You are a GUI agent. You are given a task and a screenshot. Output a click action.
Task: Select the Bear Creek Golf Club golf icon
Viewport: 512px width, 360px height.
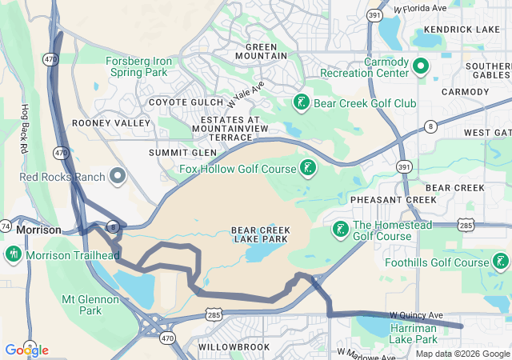[301, 102]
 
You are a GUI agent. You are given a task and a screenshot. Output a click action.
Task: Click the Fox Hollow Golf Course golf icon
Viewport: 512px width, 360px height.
[307, 168]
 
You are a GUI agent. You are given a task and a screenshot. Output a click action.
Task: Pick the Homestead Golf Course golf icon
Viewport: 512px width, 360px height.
[339, 230]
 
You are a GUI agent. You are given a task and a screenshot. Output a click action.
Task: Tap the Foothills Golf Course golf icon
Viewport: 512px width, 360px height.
[500, 262]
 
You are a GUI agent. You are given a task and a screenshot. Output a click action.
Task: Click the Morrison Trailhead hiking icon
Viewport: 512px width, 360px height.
[13, 254]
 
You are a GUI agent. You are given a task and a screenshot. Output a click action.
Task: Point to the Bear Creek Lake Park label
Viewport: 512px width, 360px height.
[261, 235]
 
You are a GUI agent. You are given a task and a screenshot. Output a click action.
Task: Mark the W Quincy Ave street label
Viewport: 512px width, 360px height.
[416, 316]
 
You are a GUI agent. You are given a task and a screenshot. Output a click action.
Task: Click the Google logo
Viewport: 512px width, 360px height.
[26, 350]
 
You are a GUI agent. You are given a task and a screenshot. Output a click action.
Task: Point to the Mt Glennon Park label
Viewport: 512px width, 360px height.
[90, 305]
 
